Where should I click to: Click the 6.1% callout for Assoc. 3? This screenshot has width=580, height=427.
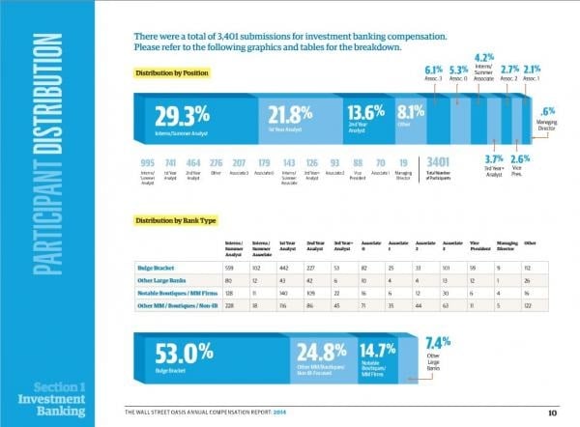[x=433, y=71]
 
